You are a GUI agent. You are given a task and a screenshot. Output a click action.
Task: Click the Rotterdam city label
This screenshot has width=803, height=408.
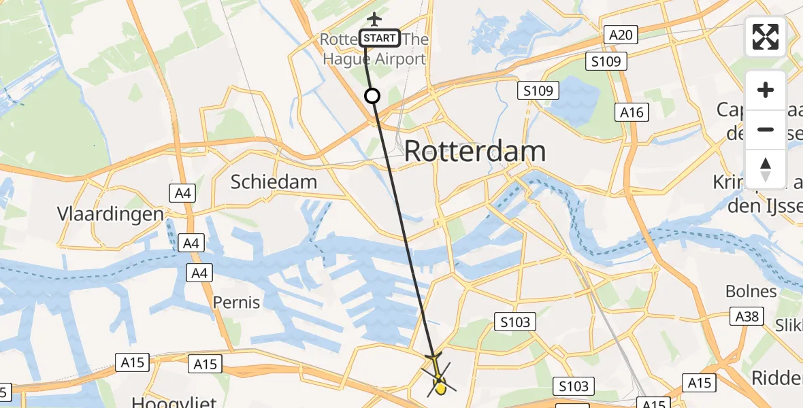pos(475,151)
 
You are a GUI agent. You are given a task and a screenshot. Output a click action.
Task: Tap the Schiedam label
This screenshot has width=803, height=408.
pos(274,182)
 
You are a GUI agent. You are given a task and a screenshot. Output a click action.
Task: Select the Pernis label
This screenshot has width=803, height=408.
pos(236,301)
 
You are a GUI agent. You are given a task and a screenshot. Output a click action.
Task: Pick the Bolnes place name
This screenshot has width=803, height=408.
pos(751,291)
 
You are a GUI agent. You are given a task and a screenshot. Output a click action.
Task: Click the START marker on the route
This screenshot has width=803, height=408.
pos(380,38)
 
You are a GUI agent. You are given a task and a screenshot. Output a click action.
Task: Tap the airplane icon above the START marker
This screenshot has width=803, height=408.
pos(374,18)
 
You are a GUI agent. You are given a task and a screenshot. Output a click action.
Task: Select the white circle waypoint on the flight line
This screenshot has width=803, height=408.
pos(372,96)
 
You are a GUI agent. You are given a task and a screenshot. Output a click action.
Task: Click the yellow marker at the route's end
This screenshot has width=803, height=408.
pos(440,388)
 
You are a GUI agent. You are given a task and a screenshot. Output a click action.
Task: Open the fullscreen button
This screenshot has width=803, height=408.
pos(766,37)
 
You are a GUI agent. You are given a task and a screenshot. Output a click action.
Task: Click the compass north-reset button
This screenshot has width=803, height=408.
pos(766,169)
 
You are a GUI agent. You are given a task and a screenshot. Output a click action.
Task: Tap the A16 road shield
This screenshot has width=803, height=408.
pos(631,112)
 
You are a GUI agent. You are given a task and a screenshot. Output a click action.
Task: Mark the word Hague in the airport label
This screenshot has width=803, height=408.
pos(344,58)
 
